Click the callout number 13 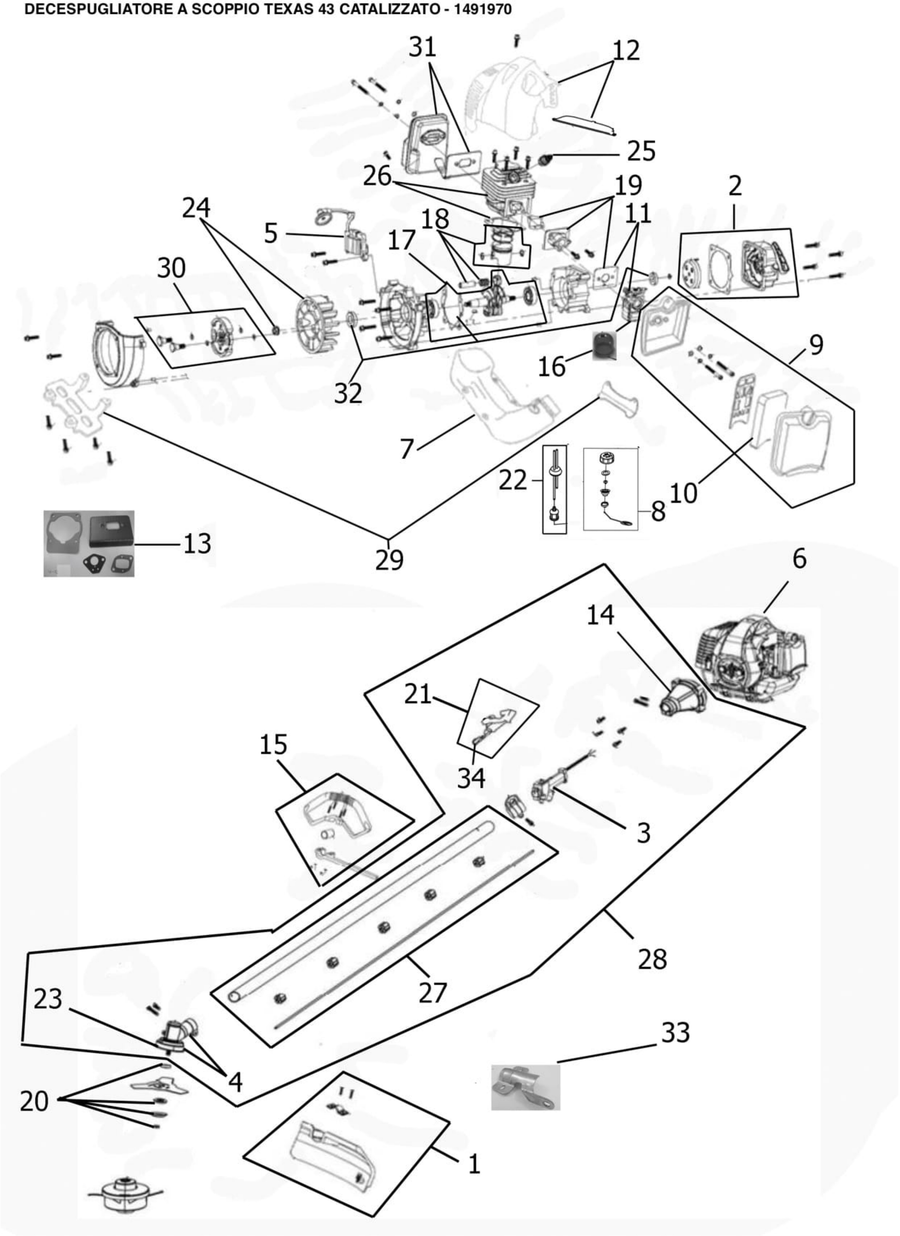(197, 543)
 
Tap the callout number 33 (675, 1033)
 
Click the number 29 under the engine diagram (389, 560)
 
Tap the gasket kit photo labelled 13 (89, 543)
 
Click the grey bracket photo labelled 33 (525, 1087)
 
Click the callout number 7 (407, 449)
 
